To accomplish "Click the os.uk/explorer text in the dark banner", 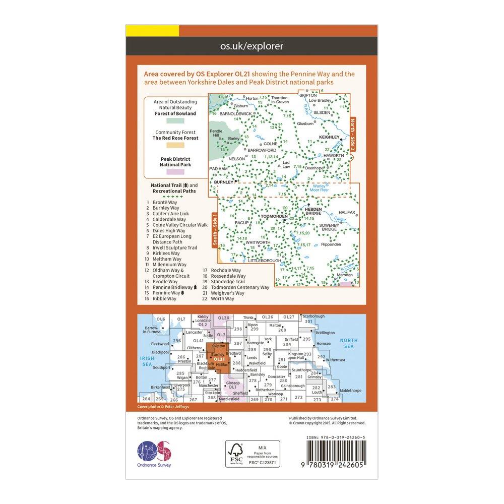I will pos(251,46).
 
